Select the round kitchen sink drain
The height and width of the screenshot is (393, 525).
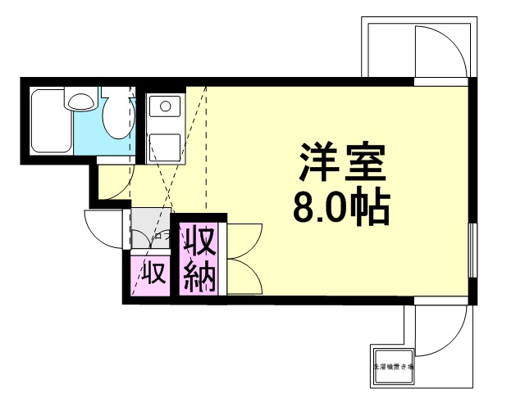point(165,106)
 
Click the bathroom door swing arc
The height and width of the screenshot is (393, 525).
point(114,183)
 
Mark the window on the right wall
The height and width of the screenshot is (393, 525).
point(472,249)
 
